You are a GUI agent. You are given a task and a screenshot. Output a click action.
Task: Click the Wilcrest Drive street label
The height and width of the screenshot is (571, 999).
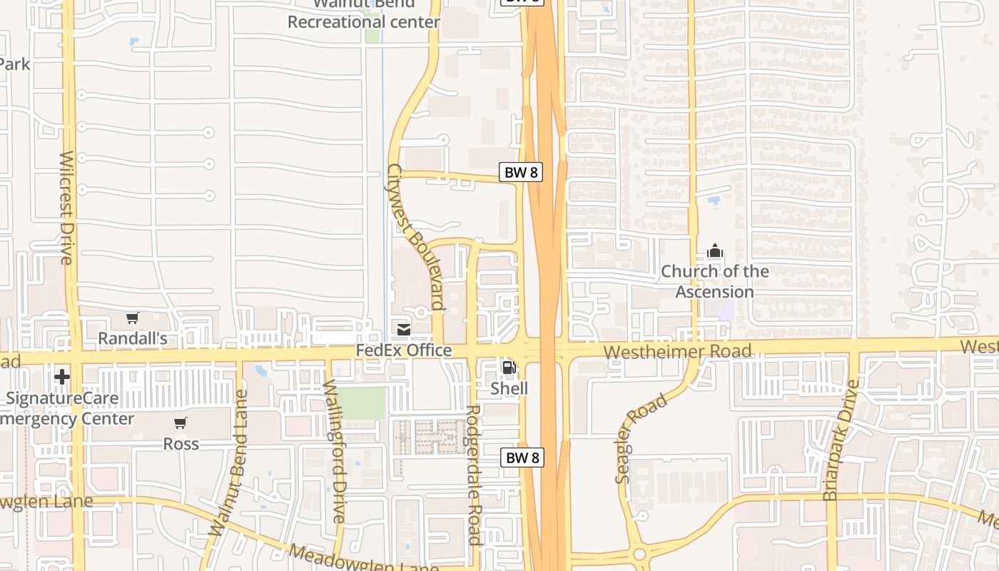point(66,208)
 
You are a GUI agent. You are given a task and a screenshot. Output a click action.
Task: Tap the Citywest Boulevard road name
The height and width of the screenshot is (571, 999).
point(415,238)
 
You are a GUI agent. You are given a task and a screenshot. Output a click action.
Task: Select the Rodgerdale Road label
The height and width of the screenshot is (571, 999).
point(473,475)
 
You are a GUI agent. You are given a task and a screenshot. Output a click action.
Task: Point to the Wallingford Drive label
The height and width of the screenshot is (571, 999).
point(334,451)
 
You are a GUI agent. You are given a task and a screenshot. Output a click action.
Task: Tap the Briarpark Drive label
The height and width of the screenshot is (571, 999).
point(841,440)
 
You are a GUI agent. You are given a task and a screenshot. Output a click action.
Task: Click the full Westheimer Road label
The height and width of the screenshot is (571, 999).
point(677,351)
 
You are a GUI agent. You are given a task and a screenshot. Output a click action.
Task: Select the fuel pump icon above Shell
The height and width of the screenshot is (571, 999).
point(509,368)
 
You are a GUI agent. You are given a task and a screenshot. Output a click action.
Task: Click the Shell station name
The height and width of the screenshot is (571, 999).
point(509,388)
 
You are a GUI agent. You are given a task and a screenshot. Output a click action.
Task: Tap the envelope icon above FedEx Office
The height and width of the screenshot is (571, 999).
point(404,329)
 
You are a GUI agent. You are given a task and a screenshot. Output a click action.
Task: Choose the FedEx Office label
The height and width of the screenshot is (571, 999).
point(404,350)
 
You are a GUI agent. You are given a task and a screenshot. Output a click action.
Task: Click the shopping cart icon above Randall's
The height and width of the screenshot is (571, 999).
point(132,318)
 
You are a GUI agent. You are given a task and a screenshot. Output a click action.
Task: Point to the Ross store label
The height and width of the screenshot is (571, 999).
point(181,444)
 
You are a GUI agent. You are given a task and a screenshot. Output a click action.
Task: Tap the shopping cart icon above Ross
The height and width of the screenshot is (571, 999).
point(181,423)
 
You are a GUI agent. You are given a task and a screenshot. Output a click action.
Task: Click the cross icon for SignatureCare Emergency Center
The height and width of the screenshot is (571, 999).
point(62,376)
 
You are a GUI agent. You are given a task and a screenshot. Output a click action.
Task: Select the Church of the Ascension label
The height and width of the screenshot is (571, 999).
point(714,281)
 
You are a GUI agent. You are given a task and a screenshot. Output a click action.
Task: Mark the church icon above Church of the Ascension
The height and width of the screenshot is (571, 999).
point(714,251)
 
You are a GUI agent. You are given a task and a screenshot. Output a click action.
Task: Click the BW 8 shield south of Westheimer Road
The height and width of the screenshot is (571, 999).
point(522,458)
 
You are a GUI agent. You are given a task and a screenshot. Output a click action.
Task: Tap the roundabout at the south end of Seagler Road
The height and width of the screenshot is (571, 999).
point(639,554)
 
